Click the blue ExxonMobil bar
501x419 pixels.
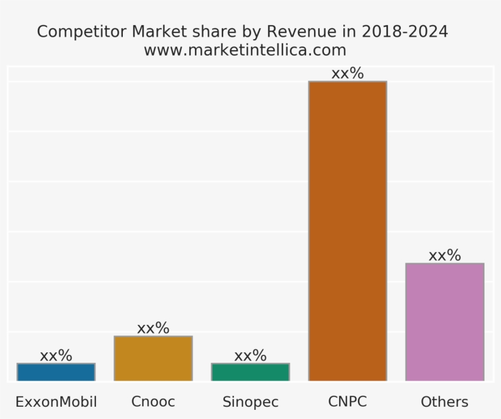tap(56, 372)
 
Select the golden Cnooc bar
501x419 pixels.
tap(153, 359)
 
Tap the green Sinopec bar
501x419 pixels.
tap(250, 372)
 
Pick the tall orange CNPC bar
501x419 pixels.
tap(348, 231)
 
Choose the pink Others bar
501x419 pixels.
tap(445, 322)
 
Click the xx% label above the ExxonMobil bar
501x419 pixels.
tap(56, 355)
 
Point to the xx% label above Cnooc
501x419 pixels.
tap(153, 328)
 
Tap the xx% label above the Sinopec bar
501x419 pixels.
tap(250, 355)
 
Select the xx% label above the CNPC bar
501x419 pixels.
tap(348, 74)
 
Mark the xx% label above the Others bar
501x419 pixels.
tap(445, 255)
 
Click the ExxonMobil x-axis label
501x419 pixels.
tap(56, 402)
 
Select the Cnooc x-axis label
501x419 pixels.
tap(153, 402)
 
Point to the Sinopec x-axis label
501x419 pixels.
tap(250, 402)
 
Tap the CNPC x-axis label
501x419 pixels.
tap(348, 402)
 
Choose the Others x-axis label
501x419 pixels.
tap(445, 402)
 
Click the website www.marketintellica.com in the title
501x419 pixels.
tap(245, 50)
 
